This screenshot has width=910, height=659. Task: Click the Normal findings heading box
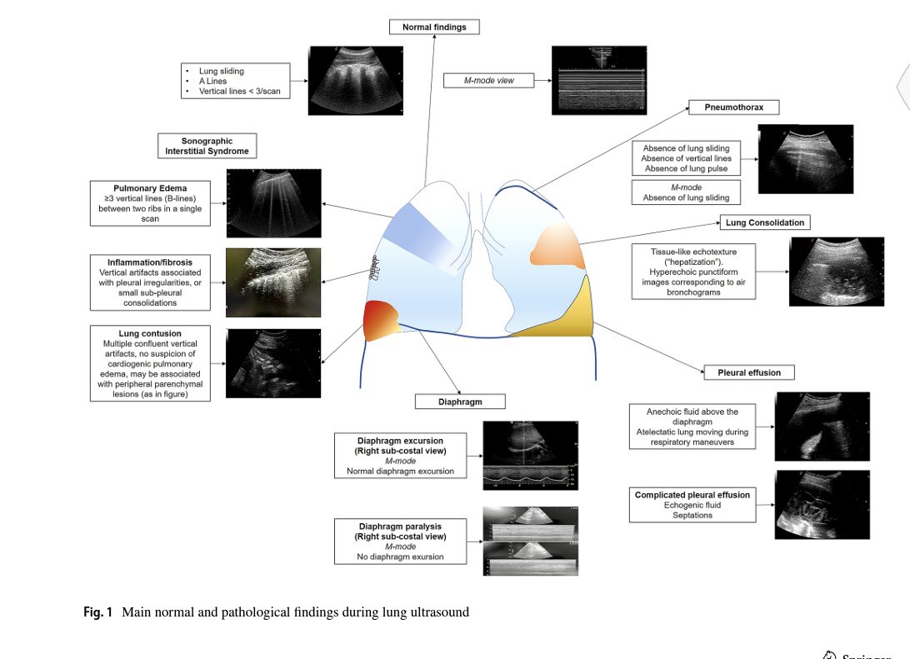click(434, 27)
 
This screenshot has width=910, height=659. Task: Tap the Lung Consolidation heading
click(765, 222)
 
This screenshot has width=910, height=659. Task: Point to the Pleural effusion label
click(743, 372)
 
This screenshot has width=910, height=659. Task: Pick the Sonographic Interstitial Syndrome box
click(207, 146)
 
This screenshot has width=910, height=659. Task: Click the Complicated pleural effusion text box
click(692, 505)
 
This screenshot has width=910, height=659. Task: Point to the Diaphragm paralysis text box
click(400, 542)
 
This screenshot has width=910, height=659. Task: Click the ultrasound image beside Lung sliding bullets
click(356, 80)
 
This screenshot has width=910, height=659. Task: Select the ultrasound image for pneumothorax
click(805, 159)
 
